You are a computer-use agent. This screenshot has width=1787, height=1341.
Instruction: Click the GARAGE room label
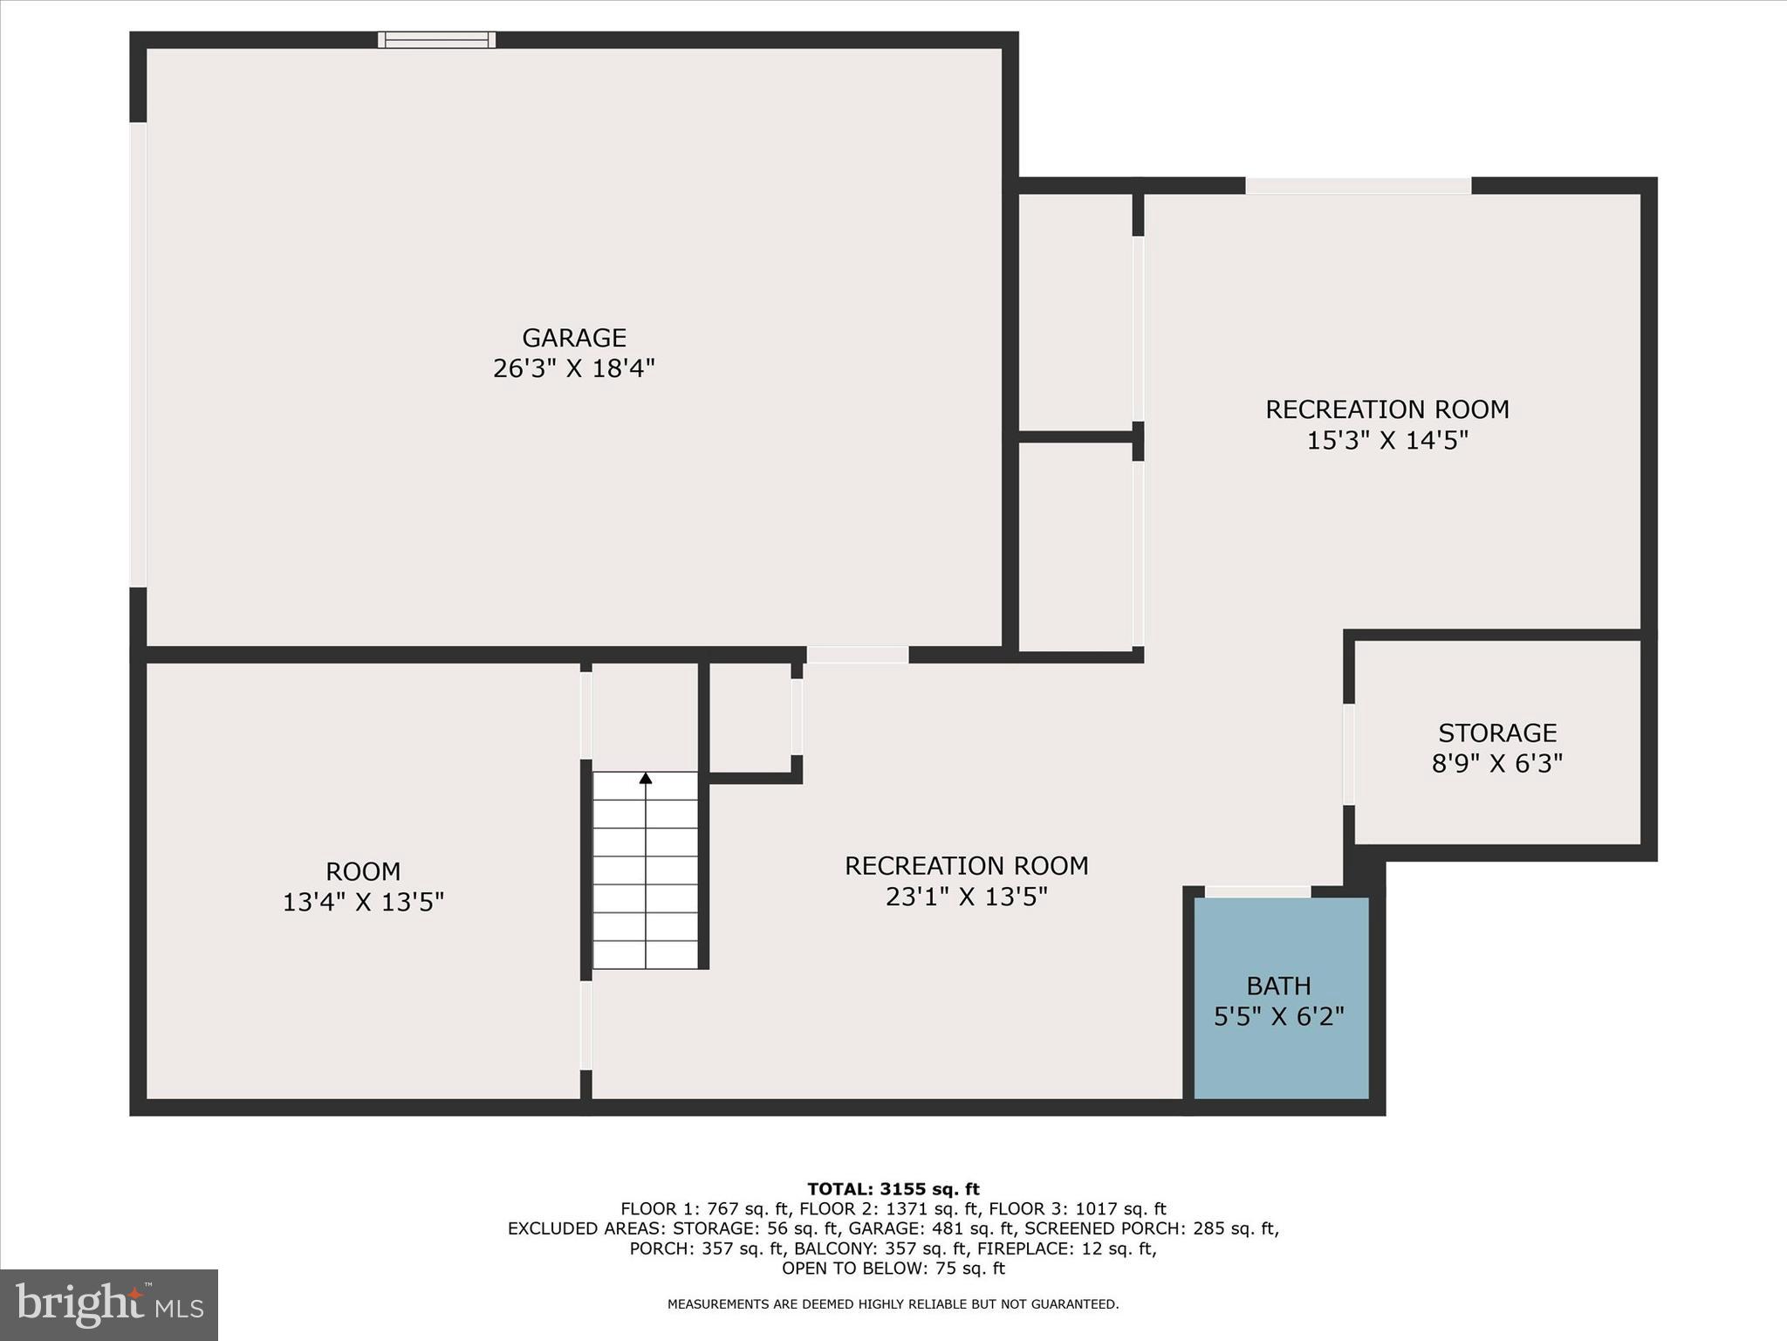point(574,338)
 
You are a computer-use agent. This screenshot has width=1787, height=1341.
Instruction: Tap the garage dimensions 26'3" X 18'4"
point(574,368)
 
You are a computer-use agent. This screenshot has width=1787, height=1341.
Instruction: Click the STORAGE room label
point(1497,732)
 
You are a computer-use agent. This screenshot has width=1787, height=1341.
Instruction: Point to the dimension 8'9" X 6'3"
point(1497,764)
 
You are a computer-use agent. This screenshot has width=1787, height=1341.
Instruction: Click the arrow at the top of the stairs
point(646,778)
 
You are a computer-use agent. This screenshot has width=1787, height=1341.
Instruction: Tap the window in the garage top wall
point(436,39)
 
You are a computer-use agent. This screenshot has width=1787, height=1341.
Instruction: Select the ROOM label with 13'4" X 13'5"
point(363,871)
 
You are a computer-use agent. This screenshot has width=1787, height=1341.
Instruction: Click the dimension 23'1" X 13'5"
point(966,897)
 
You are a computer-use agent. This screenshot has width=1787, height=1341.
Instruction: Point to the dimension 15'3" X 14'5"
point(1387,440)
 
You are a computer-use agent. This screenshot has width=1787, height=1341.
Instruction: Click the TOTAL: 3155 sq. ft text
point(893,1189)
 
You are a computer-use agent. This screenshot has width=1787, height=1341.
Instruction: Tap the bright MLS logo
point(109,1305)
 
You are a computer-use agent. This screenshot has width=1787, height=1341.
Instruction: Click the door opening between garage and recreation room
point(857,655)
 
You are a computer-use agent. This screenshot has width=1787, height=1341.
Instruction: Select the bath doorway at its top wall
point(1256,891)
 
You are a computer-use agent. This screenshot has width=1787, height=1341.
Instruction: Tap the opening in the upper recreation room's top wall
point(1358,185)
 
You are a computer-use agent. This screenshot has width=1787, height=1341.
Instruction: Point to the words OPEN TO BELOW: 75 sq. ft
point(893,1269)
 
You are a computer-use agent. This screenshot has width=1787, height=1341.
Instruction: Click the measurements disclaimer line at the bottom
point(893,1304)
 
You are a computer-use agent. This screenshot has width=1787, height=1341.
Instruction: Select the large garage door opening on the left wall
point(138,354)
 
